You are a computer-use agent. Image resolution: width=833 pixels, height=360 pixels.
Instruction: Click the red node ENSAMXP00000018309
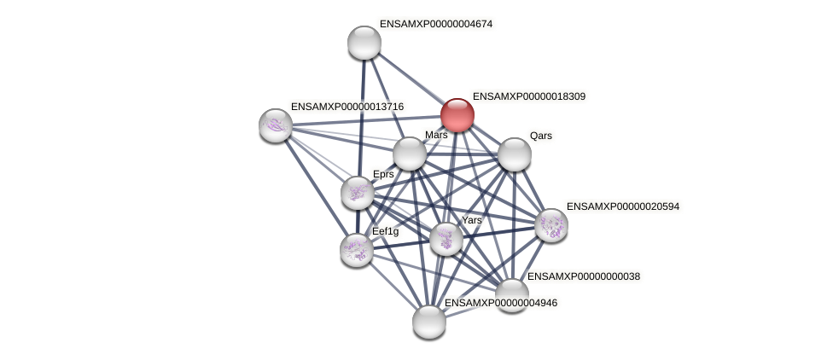[457, 115]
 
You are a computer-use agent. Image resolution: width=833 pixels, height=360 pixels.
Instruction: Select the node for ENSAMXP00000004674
[364, 43]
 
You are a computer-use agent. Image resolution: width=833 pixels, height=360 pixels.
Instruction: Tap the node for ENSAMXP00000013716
[276, 125]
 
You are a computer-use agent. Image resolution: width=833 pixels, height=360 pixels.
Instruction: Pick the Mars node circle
[410, 154]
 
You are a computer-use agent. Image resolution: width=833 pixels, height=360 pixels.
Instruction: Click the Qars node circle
[515, 154]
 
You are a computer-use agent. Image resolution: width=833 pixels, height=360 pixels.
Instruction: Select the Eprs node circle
[358, 193]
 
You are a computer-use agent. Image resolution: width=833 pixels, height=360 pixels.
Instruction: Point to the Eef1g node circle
[357, 249]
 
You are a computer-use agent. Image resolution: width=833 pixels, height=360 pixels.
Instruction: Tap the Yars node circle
[446, 239]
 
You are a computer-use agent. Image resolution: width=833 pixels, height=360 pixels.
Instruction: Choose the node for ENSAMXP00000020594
[551, 225]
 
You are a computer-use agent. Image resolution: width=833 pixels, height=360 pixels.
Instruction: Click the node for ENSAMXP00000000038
[511, 294]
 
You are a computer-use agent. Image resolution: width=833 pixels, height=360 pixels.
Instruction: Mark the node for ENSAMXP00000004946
[429, 322]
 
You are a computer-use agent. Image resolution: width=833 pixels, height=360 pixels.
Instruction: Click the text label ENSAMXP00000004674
[436, 24]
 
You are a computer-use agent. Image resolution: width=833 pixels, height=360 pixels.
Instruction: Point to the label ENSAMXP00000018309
[529, 97]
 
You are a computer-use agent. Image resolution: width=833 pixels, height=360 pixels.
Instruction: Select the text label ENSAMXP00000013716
[347, 107]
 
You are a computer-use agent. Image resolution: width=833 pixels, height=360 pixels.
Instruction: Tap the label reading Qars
[540, 136]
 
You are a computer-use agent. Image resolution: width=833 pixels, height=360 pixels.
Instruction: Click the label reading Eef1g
[385, 231]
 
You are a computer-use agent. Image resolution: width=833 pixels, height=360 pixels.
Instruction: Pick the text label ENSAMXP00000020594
[623, 206]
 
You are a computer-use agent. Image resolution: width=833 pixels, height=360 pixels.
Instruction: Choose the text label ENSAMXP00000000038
[584, 276]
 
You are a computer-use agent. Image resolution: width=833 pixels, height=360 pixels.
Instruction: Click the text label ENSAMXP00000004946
[501, 303]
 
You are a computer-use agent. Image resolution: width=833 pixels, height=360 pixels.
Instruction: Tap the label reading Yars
[472, 220]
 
